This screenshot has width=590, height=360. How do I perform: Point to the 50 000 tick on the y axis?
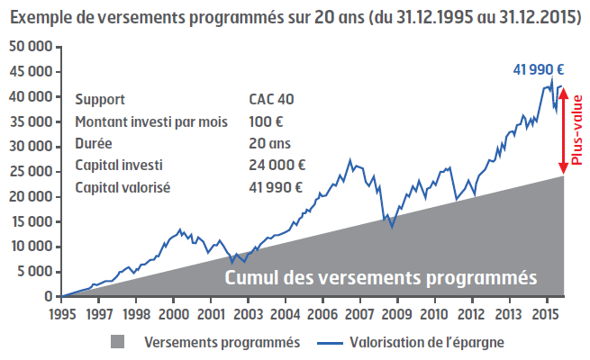tap(31, 46)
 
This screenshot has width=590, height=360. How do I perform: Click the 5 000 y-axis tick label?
tap(34, 272)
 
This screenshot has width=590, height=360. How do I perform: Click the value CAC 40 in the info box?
tap(271, 100)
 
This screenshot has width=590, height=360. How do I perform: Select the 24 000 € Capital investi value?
tap(277, 165)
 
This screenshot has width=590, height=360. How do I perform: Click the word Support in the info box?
tap(101, 100)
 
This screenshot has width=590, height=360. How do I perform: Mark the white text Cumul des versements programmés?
tap(380, 276)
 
